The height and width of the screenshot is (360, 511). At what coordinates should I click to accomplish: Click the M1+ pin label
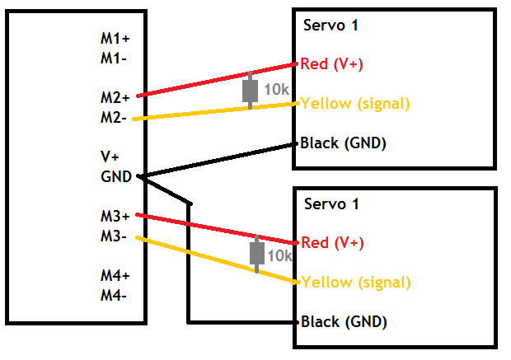pos(115,38)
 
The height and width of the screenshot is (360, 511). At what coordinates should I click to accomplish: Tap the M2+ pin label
pos(115,97)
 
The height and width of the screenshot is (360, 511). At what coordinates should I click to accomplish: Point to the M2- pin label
pos(114,117)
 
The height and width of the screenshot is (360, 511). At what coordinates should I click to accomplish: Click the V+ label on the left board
pos(110,157)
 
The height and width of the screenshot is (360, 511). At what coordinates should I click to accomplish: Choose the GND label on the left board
pos(116,176)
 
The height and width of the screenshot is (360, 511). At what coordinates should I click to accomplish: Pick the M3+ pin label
pos(115,216)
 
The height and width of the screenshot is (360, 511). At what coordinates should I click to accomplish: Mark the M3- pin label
pos(114,236)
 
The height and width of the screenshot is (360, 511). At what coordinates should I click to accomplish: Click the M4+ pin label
pos(115,275)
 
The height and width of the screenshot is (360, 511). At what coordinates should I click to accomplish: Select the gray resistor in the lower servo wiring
pos(257,252)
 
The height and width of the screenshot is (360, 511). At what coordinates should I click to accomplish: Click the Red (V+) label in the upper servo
pos(333,64)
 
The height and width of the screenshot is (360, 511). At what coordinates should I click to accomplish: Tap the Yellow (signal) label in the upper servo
pos(356,104)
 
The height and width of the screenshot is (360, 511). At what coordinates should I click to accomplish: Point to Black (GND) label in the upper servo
pos(344,143)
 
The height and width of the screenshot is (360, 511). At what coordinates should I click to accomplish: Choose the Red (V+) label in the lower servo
pos(333,242)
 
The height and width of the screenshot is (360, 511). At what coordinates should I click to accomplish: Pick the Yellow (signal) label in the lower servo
pos(356,282)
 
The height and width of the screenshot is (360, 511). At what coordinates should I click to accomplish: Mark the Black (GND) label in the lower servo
pos(344,321)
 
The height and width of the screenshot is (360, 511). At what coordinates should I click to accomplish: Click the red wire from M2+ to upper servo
pos(198,82)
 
